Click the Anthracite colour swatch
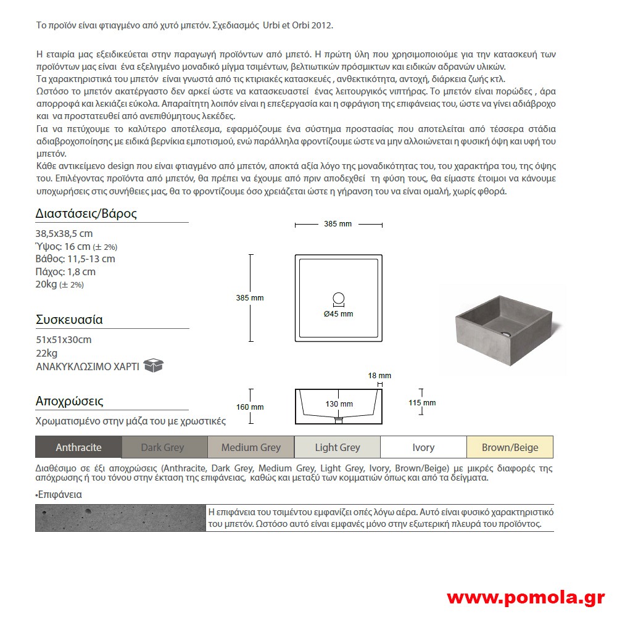78,447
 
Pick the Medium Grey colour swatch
251,447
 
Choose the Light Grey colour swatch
337,447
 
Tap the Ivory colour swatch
423,447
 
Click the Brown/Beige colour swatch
510,447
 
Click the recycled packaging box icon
153,365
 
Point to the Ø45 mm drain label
339,314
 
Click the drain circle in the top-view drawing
339,299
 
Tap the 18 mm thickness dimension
379,375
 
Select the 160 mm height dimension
249,407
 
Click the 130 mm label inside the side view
339,404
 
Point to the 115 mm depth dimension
422,403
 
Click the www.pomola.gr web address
525,597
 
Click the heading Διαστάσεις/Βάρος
86,214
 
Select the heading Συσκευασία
69,320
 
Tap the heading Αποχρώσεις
69,401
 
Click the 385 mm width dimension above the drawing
337,224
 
